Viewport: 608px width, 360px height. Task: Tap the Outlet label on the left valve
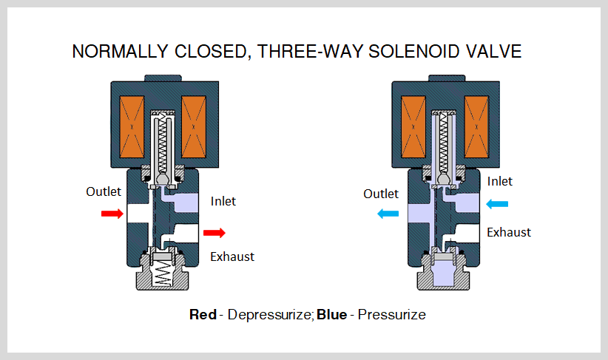104,191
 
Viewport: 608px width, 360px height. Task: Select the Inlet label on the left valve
223,200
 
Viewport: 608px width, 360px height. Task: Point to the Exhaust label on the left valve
232,257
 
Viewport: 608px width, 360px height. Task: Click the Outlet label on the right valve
381,194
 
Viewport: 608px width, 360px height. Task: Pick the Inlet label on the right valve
499,181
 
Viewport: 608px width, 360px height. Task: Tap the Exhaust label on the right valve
508,231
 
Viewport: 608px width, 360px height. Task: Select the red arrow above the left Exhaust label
215,234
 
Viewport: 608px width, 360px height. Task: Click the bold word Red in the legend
203,314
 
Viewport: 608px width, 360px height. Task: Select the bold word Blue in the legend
332,314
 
